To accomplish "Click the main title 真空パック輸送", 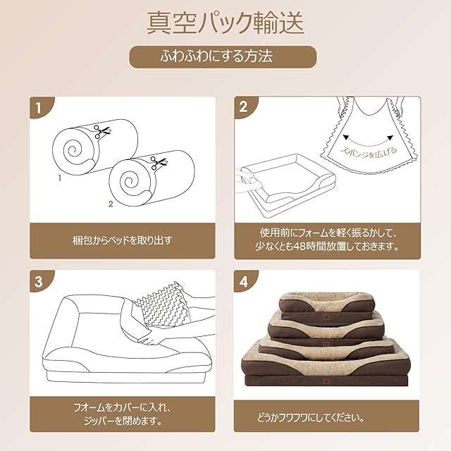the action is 225,23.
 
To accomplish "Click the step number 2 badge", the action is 245,108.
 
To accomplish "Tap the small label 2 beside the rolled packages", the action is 110,204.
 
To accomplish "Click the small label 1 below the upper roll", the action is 59,179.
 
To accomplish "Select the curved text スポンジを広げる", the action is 368,152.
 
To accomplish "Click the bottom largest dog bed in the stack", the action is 326,366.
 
